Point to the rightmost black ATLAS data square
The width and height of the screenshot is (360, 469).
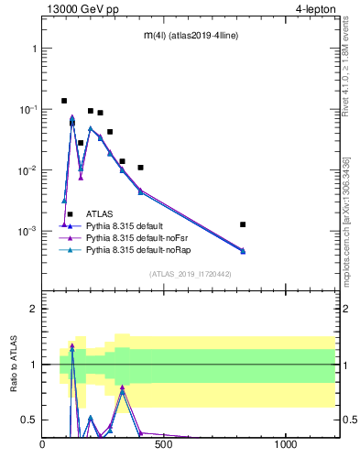243,224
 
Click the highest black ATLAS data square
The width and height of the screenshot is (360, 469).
64,101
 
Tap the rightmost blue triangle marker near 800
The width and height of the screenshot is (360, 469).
243,251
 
